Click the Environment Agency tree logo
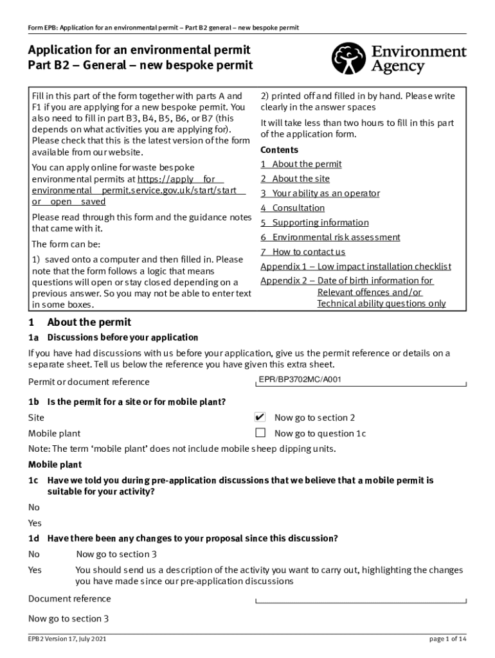click(x=348, y=58)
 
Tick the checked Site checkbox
click(x=260, y=417)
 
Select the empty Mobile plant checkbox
click(x=260, y=433)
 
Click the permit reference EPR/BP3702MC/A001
click(x=300, y=380)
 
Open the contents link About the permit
click(x=301, y=164)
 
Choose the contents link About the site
click(x=295, y=179)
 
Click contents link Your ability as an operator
click(x=320, y=193)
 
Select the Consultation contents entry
click(x=292, y=208)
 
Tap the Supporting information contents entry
click(x=314, y=223)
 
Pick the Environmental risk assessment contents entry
click(x=330, y=238)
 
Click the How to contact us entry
click(x=303, y=252)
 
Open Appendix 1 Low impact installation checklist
click(x=355, y=267)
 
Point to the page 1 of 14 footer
click(x=448, y=639)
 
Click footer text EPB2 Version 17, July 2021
click(x=67, y=639)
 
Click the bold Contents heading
click(x=279, y=150)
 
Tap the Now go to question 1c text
click(x=320, y=434)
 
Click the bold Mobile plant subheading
click(x=55, y=465)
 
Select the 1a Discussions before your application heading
click(x=113, y=337)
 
